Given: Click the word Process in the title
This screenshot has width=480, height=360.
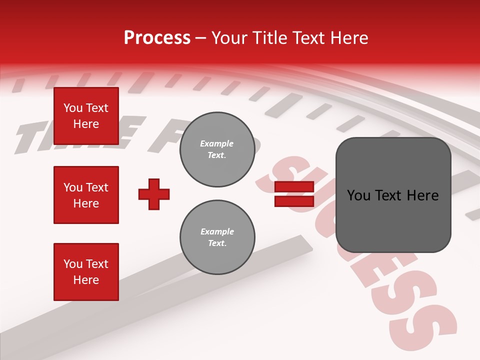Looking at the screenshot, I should [x=157, y=38].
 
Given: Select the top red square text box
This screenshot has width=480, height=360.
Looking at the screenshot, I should [x=86, y=116].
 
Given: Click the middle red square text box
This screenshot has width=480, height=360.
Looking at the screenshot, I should [x=86, y=195].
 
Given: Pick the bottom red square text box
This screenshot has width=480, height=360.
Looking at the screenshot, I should [x=86, y=272].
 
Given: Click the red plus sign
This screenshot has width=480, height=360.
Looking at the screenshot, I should [x=154, y=194].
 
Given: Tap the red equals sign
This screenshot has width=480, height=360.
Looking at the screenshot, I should [x=294, y=194].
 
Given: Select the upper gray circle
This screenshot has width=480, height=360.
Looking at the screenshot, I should [x=217, y=149].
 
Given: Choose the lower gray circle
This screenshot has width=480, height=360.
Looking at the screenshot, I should [x=217, y=237].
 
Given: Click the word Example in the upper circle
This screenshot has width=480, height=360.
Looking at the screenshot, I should [x=217, y=144].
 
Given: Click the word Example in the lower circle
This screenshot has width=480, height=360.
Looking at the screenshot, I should [x=217, y=232].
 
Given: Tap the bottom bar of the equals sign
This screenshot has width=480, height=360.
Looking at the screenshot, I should [x=294, y=201].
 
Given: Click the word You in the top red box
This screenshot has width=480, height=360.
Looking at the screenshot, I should [x=73, y=108].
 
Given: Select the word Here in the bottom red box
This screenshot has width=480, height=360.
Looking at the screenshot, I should [x=86, y=280].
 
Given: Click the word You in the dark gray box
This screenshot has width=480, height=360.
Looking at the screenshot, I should [x=359, y=195].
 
